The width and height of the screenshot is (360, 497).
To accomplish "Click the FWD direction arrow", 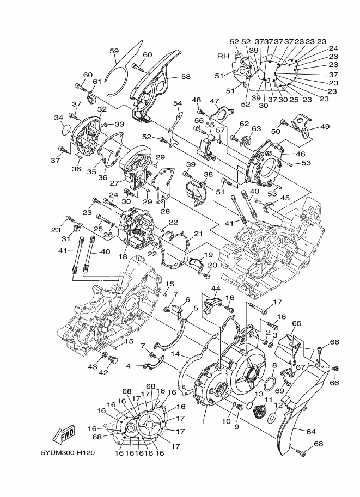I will tap(64, 434).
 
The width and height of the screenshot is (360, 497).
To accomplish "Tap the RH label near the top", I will tap(223, 56).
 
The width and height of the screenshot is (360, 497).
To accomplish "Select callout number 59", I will tap(114, 51).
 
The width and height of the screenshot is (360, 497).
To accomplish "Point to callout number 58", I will tap(186, 77).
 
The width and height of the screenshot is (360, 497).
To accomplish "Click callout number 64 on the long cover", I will tap(310, 432).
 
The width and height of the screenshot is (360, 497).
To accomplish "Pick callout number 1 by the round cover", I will tap(204, 421).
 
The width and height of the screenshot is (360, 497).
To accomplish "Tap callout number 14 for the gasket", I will tap(175, 354).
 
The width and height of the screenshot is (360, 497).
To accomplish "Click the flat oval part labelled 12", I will tap(272, 418).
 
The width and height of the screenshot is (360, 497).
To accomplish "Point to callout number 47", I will tap(215, 101).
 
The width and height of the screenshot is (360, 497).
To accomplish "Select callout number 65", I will tap(296, 323).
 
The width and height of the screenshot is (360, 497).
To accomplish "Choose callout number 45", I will tap(285, 198).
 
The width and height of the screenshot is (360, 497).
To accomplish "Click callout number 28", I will tap(164, 211).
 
